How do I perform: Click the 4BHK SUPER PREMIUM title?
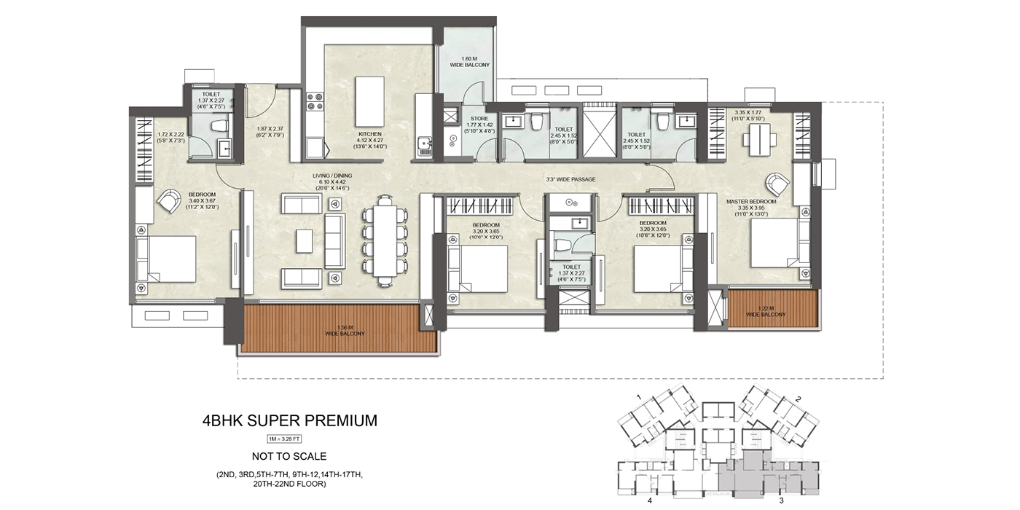(x=289, y=420)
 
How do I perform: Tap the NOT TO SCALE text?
(x=289, y=457)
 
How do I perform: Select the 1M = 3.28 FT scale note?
(x=289, y=439)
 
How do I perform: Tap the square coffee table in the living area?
(x=305, y=240)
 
